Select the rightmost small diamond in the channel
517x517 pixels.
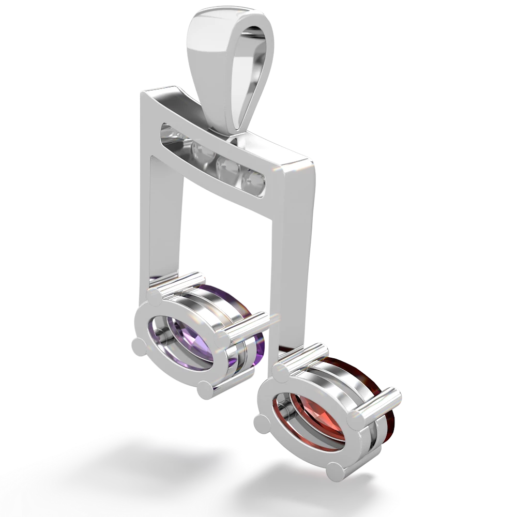click(255, 181)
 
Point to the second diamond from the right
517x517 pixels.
click(226, 166)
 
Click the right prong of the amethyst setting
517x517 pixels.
click(223, 338)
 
